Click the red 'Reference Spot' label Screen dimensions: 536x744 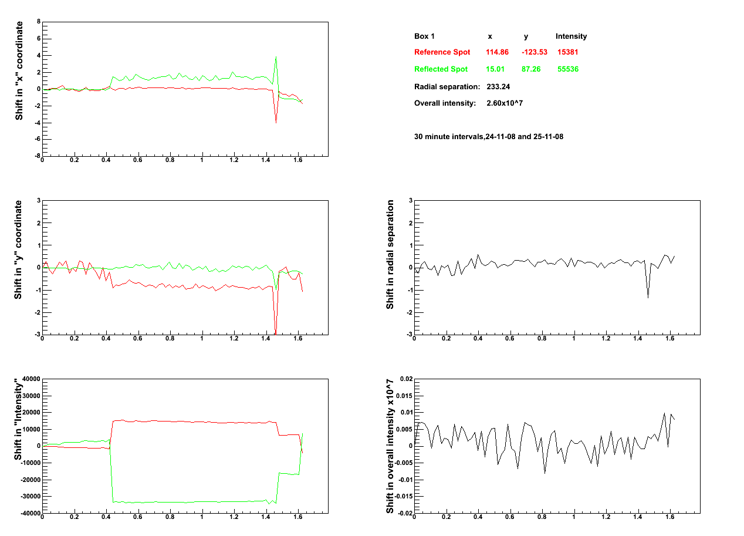(442, 52)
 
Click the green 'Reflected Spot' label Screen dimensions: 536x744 (441, 69)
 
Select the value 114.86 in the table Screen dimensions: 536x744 (496, 52)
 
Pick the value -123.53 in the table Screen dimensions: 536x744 (534, 52)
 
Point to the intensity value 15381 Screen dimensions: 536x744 (568, 52)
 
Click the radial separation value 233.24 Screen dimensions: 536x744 (498, 87)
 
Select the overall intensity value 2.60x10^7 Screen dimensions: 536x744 (505, 103)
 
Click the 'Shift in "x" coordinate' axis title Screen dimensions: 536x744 (19, 71)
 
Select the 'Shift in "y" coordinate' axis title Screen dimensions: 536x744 (19, 250)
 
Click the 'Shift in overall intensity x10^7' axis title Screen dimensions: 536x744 (390, 446)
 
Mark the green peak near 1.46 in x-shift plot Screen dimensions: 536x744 (276, 57)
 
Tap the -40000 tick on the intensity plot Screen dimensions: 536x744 (26, 514)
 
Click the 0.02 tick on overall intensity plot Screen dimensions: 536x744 (404, 379)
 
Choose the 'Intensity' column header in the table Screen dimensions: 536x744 (571, 36)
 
